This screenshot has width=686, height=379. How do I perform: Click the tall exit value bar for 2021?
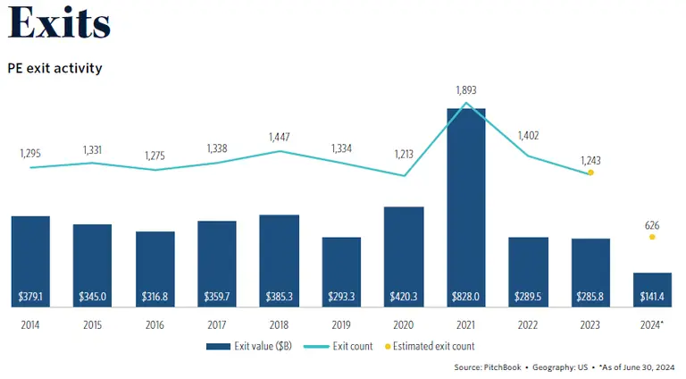465,206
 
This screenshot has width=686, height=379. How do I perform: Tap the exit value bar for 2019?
341,268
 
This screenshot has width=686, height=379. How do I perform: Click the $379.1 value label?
30,296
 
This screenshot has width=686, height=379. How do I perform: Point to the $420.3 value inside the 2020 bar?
403,296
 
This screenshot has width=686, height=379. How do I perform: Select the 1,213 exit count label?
403,154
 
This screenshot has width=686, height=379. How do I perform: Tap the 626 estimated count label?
652,226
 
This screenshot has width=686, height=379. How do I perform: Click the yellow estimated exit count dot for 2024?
652,237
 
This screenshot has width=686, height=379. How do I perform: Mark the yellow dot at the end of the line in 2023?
590,173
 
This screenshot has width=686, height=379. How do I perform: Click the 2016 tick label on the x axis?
155,324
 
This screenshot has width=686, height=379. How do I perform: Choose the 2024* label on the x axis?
652,324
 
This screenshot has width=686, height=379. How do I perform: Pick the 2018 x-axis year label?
279,324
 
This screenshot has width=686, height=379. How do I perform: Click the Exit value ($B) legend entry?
251,346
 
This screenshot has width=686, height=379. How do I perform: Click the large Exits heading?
59,25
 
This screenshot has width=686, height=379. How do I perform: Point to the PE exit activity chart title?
54,68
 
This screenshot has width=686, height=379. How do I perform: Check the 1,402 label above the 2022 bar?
528,135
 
